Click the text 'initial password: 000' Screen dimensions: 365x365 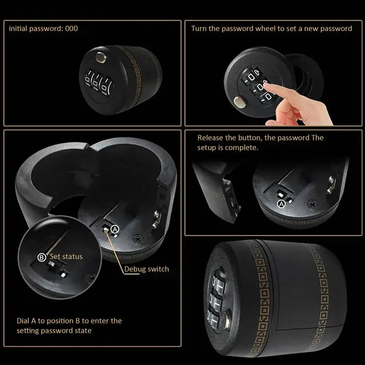coord(44,29)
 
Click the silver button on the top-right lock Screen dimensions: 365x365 coord(238,102)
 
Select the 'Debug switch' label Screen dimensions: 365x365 coord(146,269)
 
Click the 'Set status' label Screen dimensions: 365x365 coord(66,256)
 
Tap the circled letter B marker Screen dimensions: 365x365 coord(42,257)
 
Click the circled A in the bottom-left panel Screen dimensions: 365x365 coord(115,229)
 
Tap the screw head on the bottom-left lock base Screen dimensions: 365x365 coord(137,238)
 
